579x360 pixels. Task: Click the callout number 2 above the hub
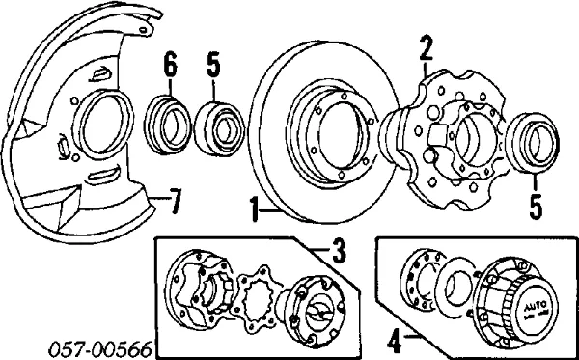tap(427, 46)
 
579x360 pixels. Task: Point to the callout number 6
tap(170, 66)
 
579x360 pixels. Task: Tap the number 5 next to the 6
tap(212, 66)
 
